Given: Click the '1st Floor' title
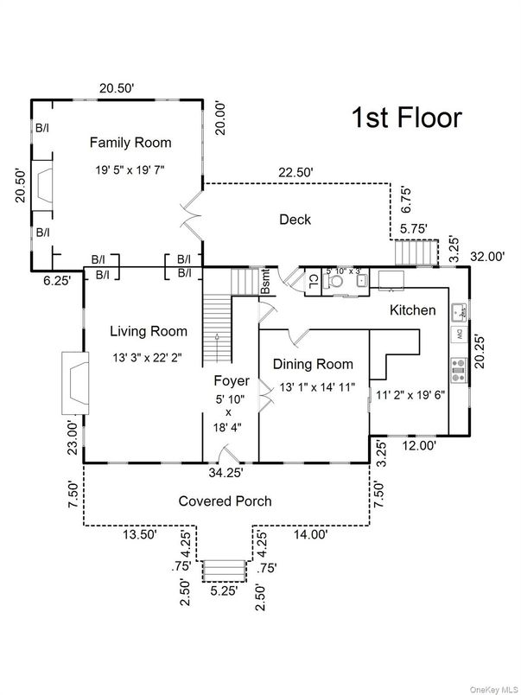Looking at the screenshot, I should [405, 118].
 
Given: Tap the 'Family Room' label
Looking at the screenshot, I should [130, 143].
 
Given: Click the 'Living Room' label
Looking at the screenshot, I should [149, 330].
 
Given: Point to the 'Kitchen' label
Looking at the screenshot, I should [412, 309].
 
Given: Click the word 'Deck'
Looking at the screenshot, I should [294, 220].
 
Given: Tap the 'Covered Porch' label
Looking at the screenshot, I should [225, 501].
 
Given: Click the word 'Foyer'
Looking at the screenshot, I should [232, 380].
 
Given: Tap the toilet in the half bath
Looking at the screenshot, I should [334, 280].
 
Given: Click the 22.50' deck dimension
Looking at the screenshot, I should [295, 172].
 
